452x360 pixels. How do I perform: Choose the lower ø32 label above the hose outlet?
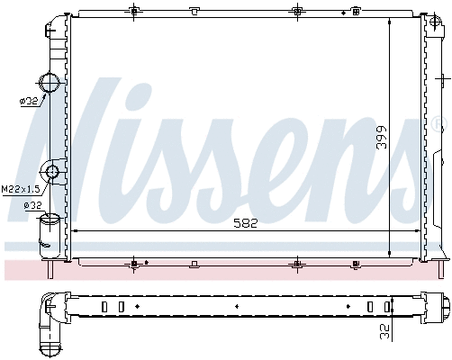pos(32,206)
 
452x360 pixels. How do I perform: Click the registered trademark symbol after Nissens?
pos(438,122)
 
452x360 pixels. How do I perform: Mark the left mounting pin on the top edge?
pos(134,11)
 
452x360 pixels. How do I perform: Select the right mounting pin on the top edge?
pos(298,11)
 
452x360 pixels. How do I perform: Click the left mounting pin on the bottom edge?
pos(134,264)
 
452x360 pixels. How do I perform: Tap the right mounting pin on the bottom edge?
pos(298,264)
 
